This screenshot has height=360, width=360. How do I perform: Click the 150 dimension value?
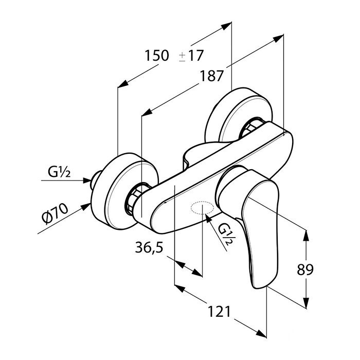[157, 56]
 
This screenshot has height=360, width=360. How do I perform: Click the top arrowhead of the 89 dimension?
[307, 235]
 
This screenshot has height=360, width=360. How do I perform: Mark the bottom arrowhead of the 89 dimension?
[307, 305]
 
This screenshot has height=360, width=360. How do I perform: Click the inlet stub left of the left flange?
[95, 181]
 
